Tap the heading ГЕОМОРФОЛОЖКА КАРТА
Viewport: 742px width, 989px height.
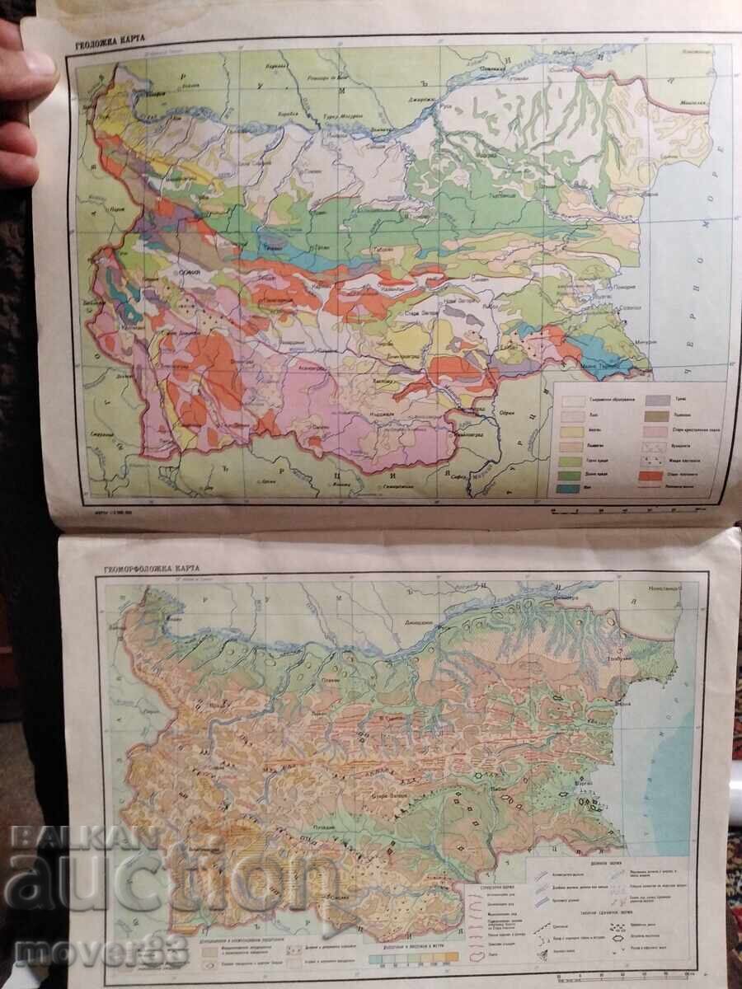click(152, 569)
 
